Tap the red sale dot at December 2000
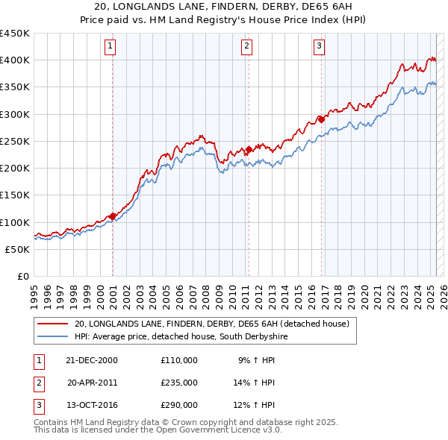[x=113, y=216]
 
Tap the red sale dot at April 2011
[x=249, y=148]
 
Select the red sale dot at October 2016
[x=321, y=119]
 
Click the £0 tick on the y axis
[x=24, y=276]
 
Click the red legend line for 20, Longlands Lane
[x=53, y=324]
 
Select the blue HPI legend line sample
[x=53, y=337]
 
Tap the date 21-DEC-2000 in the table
[x=92, y=360]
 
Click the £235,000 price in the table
[x=179, y=383]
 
